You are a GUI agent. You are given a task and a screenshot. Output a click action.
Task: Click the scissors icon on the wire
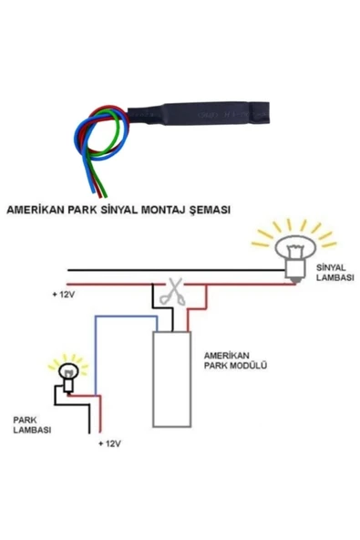point(170,293)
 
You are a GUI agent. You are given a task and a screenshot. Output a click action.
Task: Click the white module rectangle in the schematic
point(170,379)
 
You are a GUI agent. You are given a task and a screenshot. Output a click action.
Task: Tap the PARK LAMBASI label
point(32,424)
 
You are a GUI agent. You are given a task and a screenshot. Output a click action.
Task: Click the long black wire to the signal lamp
point(164,271)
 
